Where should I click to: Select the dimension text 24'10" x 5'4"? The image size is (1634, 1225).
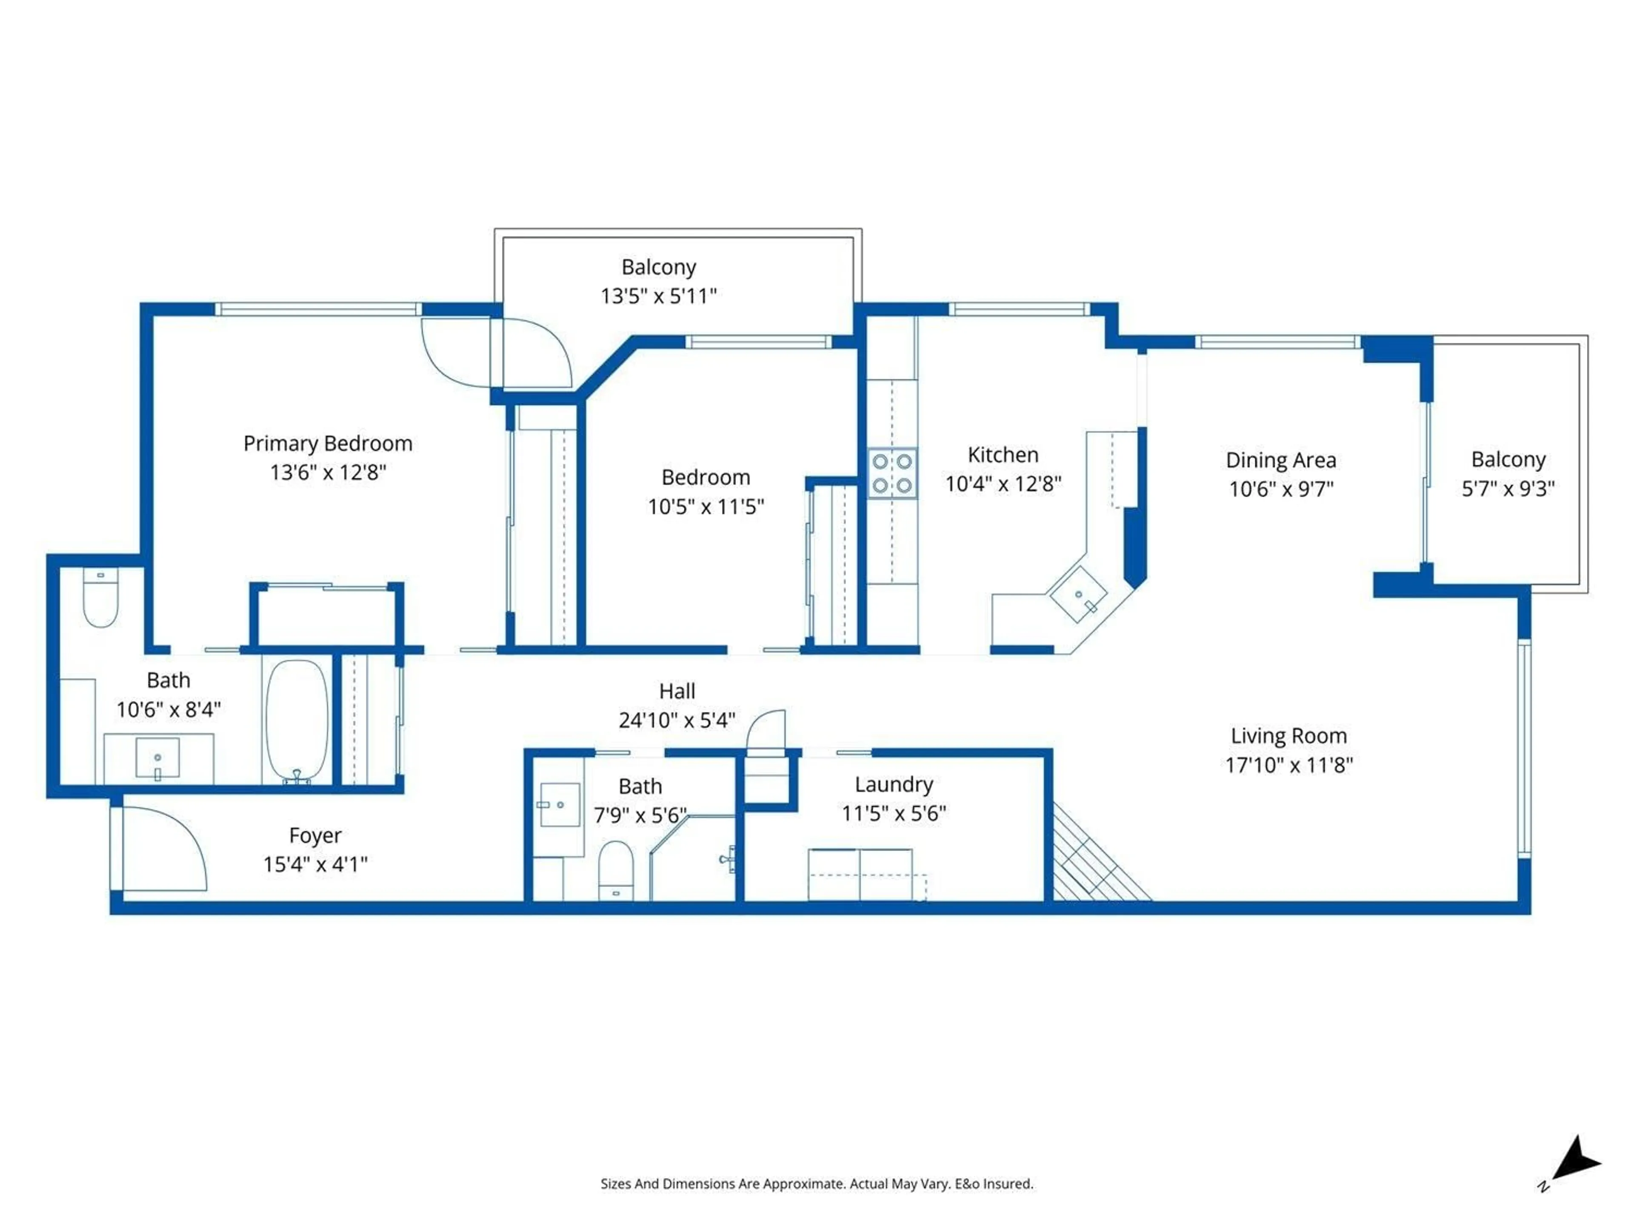point(677,720)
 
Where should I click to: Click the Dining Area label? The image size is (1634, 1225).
point(1281,460)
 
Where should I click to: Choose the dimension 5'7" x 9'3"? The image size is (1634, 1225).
point(1508,489)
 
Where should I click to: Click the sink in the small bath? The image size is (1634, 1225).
point(559,805)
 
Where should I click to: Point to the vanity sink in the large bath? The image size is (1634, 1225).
point(157,758)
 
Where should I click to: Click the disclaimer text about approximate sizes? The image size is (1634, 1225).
point(816,1184)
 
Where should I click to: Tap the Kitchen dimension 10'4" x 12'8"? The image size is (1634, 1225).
point(1003,484)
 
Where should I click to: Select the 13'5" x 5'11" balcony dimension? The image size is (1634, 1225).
point(658,296)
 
